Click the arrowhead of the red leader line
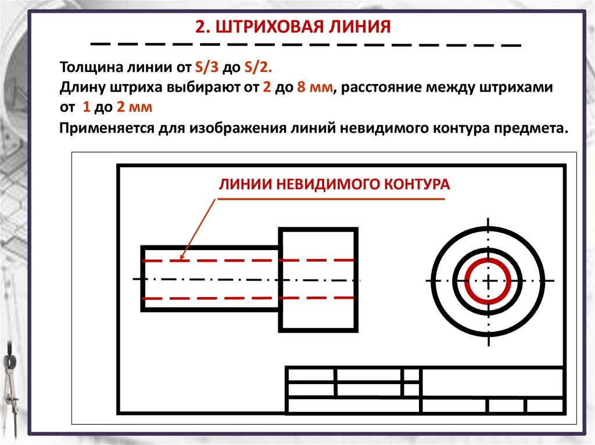pos(182,256)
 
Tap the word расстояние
pos(388,88)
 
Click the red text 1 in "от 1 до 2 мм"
pos(87,107)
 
